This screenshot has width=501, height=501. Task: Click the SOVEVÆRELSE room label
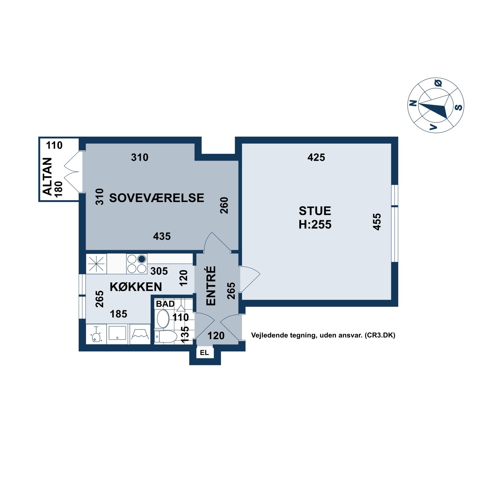tap(157, 198)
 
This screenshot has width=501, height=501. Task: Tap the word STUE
tap(315, 211)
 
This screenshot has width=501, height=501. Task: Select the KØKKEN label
tap(136, 287)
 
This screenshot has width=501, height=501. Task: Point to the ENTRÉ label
tap(211, 286)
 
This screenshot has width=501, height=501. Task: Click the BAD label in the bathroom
tap(165, 304)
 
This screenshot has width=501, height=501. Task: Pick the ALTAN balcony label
tap(47, 176)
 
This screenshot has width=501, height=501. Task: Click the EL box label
tap(204, 353)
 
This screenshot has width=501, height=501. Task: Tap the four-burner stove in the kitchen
tap(137, 264)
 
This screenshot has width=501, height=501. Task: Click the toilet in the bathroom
tap(166, 337)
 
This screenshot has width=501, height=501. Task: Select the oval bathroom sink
tap(163, 319)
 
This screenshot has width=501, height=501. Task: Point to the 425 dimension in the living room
tap(316, 157)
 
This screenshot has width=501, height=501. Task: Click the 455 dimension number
tap(377, 222)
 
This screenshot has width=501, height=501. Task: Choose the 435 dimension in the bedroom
tap(162, 236)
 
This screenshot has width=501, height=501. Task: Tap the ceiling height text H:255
tap(315, 224)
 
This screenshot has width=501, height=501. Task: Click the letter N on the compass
tap(413, 103)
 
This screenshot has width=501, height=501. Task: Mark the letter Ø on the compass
tap(438, 83)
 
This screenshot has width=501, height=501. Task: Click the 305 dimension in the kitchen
tap(159, 271)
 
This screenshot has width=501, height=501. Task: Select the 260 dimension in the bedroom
tap(224, 205)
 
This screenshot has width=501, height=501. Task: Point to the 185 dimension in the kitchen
tap(118, 314)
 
